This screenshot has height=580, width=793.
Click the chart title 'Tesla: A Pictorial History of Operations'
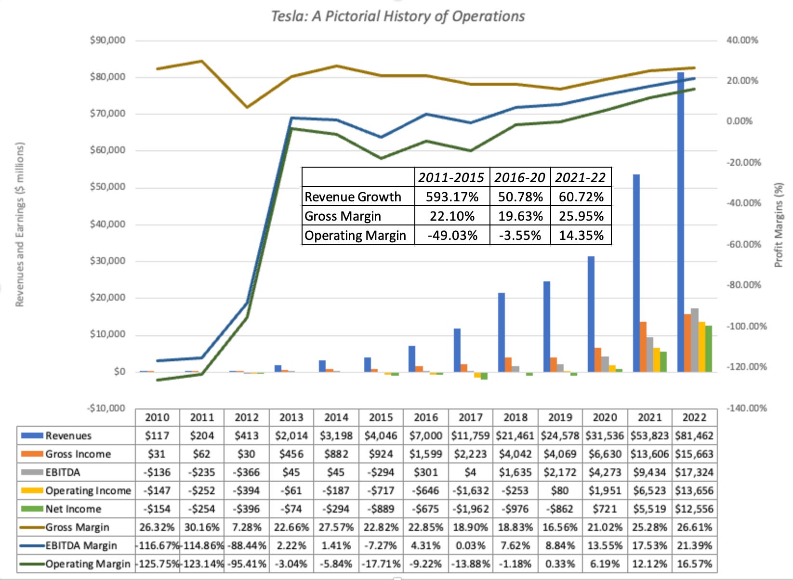click(x=397, y=16)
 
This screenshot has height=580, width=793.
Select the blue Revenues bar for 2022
click(x=681, y=222)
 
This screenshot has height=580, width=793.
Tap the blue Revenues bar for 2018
click(x=502, y=332)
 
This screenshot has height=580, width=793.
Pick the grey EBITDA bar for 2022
click(x=694, y=340)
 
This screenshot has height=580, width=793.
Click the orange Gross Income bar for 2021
click(x=643, y=346)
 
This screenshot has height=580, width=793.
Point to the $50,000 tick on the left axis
click(x=107, y=187)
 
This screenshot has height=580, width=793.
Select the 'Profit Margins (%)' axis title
click(x=779, y=224)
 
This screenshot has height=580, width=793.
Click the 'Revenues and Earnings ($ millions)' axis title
click(x=19, y=224)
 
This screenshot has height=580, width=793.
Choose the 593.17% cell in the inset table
click(x=452, y=197)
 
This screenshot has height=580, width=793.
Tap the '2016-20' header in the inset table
click(x=519, y=178)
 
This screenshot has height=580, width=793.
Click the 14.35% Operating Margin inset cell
click(x=581, y=236)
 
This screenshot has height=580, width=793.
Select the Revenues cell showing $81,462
click(x=694, y=436)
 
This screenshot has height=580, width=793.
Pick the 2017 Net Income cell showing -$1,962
click(x=470, y=509)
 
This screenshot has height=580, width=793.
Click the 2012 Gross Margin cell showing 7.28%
click(x=246, y=527)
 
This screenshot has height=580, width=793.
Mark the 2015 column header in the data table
click(x=381, y=417)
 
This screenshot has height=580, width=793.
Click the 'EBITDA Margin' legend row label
click(x=81, y=546)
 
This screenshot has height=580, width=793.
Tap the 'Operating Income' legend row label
click(x=88, y=491)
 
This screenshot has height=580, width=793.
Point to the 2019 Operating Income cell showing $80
click(x=560, y=491)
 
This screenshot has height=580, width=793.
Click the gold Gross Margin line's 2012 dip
click(x=247, y=107)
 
